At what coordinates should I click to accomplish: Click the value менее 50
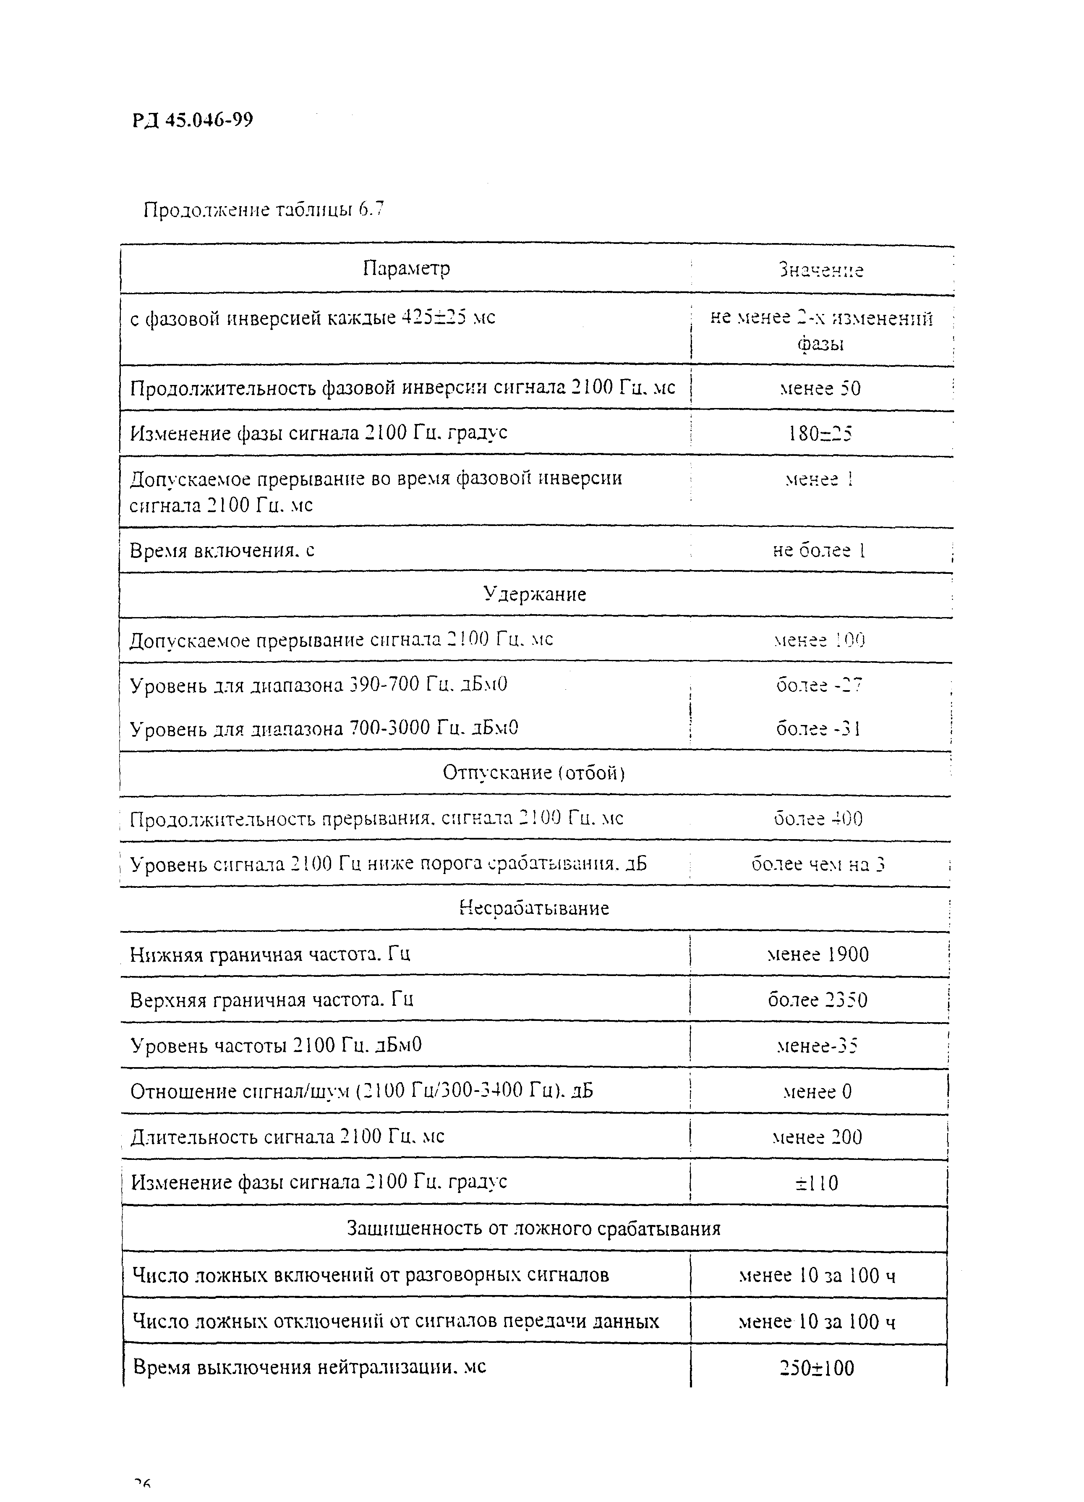click(x=820, y=388)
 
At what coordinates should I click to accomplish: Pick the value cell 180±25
click(x=820, y=434)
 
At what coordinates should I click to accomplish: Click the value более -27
click(x=819, y=684)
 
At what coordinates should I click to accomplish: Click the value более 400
click(x=818, y=819)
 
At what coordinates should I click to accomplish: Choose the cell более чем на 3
click(x=818, y=864)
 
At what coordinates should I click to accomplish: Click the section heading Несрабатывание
click(x=534, y=908)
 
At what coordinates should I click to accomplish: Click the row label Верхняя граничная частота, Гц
click(x=272, y=1000)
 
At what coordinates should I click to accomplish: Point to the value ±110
click(x=817, y=1183)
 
